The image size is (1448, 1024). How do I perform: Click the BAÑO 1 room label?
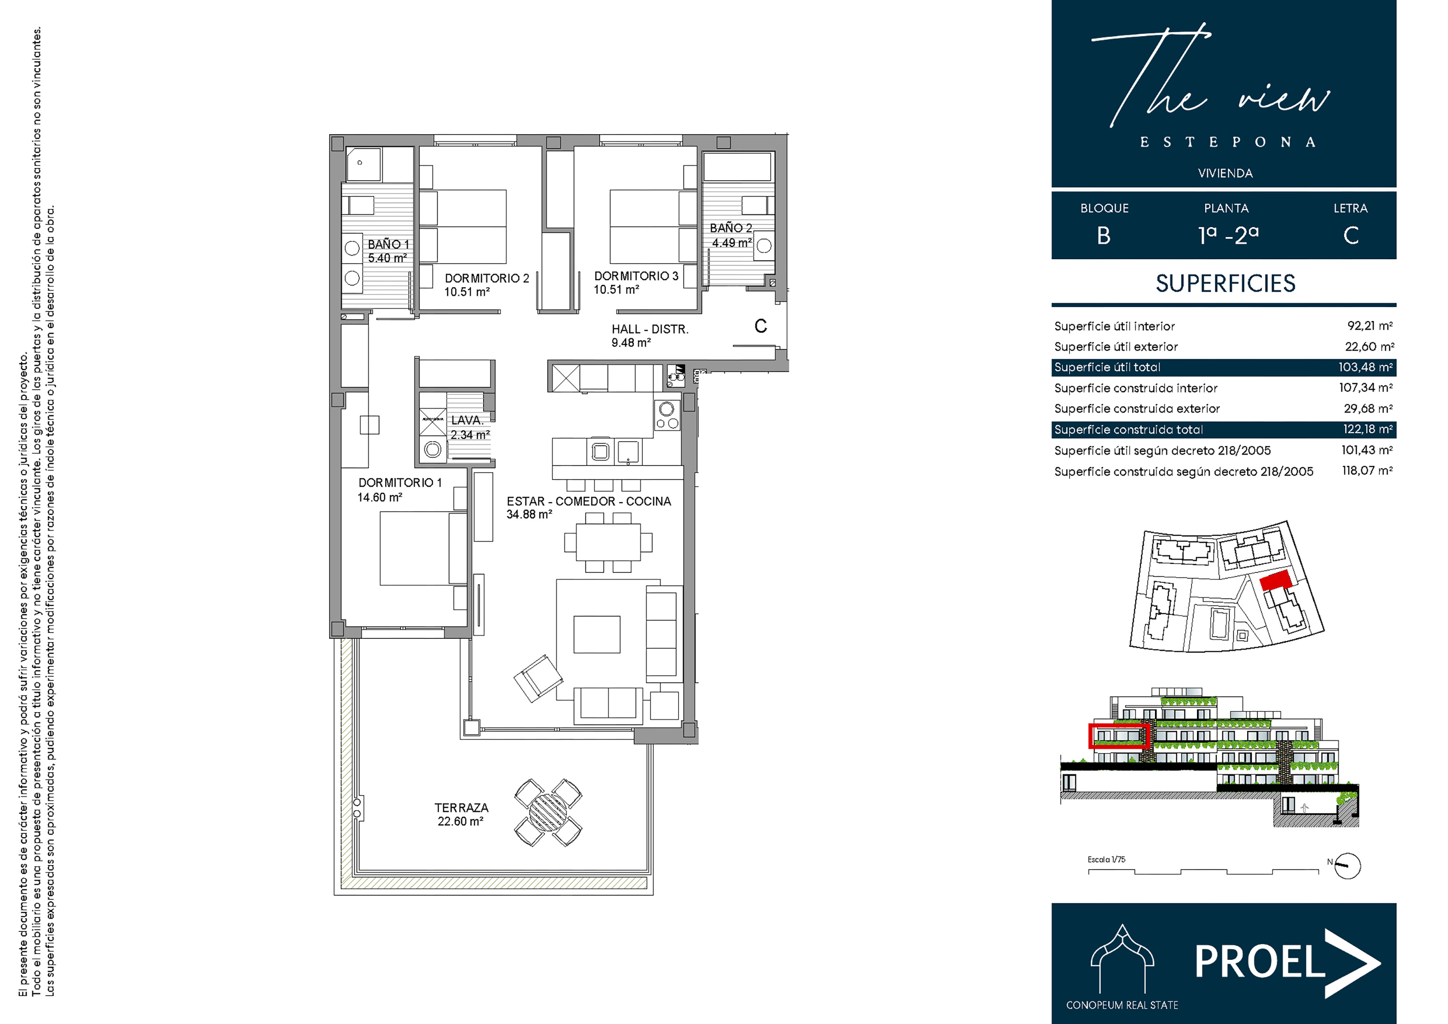click(389, 244)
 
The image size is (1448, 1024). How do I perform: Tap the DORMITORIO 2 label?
click(487, 278)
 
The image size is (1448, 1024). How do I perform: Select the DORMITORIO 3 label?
click(636, 276)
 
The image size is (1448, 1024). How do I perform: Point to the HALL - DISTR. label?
click(650, 329)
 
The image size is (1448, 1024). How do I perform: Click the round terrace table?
click(548, 812)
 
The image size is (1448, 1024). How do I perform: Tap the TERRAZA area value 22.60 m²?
click(460, 822)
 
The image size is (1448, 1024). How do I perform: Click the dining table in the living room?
click(608, 542)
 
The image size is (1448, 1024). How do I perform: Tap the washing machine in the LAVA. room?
click(432, 449)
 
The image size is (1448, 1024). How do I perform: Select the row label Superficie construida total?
click(1128, 430)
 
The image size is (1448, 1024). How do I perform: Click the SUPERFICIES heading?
click(1225, 284)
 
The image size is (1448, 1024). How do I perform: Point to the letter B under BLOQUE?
click(1104, 236)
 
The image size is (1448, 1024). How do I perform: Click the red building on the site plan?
click(1275, 580)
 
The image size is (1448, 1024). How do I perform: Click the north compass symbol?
click(1348, 866)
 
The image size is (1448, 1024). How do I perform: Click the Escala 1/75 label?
click(1106, 859)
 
